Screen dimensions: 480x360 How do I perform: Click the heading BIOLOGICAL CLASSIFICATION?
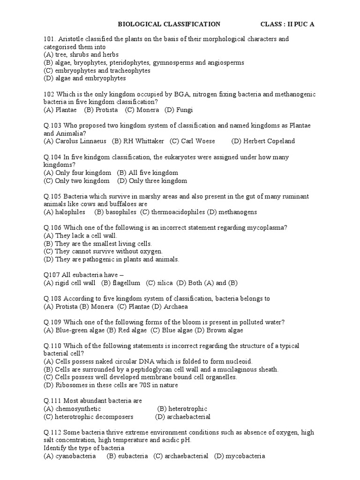point(169,24)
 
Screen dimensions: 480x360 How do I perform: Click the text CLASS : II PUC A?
point(287,24)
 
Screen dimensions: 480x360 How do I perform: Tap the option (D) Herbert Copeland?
point(263,141)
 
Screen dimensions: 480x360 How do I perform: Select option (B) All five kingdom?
point(148,173)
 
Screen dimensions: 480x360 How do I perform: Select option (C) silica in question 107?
point(159,283)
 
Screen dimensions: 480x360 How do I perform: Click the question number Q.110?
point(52,346)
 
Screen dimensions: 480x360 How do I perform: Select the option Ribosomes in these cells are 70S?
point(111,385)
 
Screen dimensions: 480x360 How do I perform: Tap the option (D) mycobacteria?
point(240,456)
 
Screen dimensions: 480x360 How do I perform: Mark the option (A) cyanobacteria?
point(70,456)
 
